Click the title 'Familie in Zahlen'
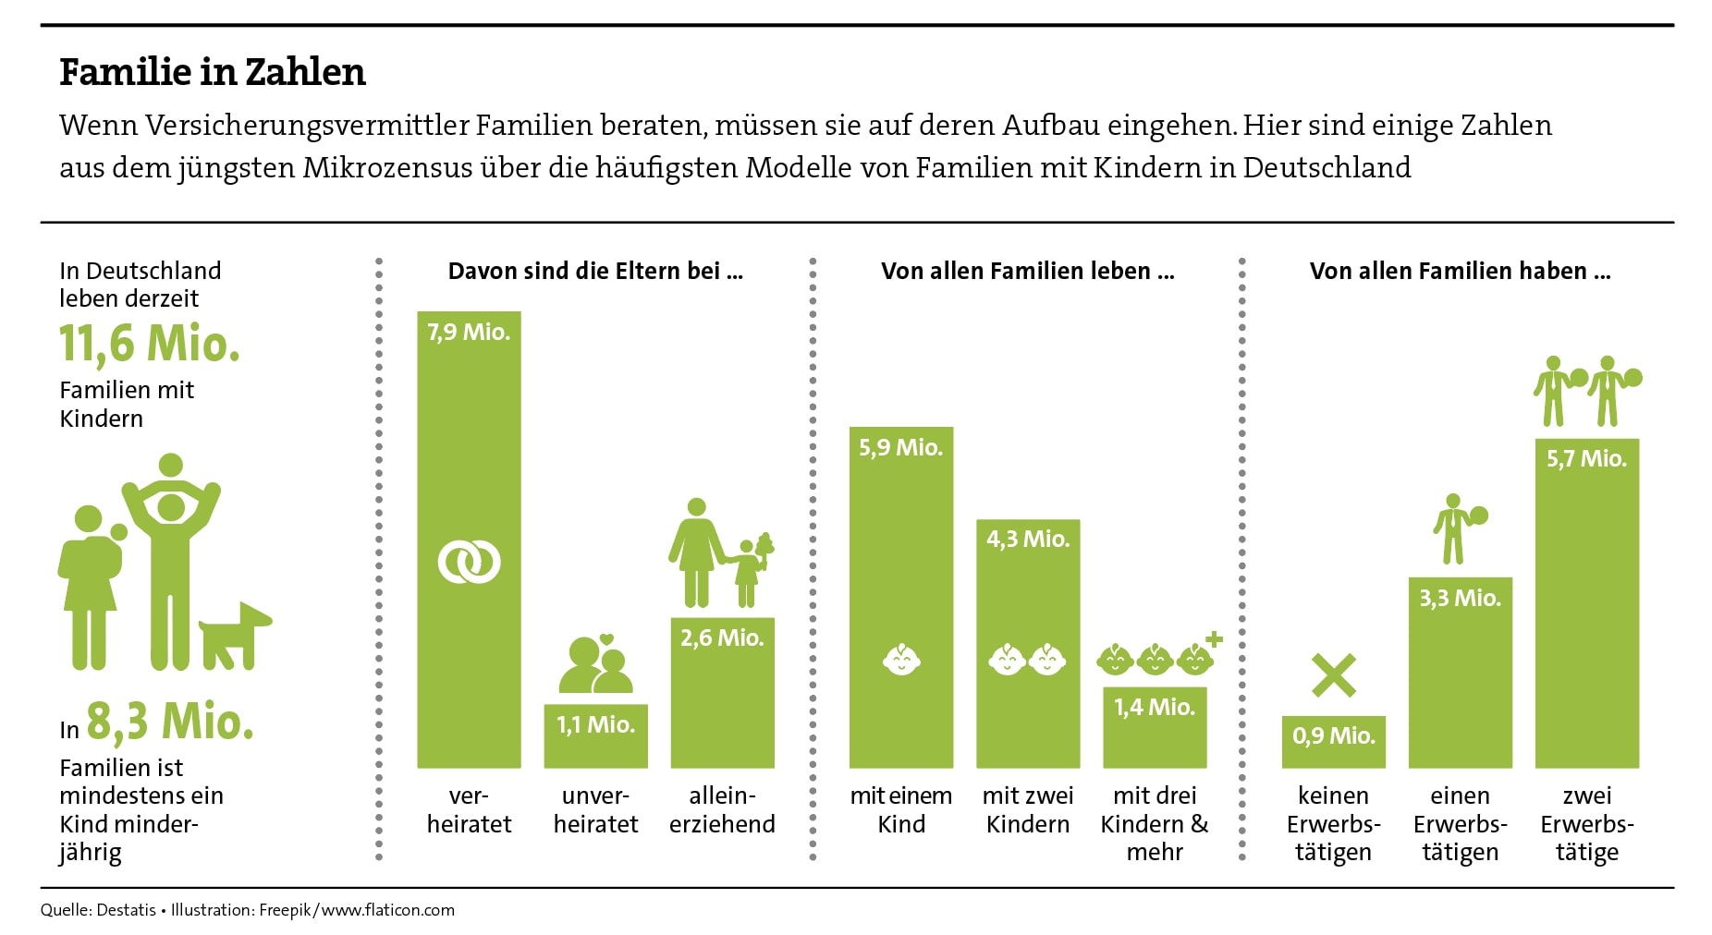[213, 72]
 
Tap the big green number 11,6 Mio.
[150, 344]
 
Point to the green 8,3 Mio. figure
[170, 722]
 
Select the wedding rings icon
[469, 561]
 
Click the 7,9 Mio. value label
[469, 333]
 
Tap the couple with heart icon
[596, 664]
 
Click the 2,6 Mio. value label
[722, 637]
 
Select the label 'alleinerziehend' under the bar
[722, 809]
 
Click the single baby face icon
[901, 660]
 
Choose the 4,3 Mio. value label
[1028, 539]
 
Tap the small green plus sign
[1214, 638]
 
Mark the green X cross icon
[1334, 675]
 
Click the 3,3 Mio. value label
[1460, 599]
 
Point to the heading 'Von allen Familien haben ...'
[1460, 272]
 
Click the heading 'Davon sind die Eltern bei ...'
[595, 272]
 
